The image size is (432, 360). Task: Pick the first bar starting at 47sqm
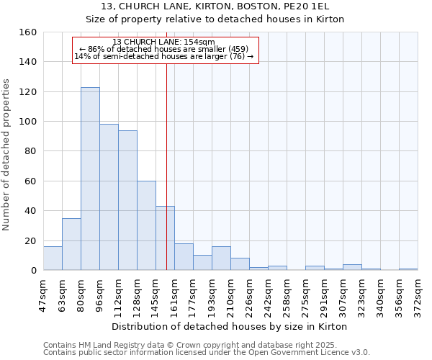(x=53, y=258)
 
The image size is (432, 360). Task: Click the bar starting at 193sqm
(x=221, y=258)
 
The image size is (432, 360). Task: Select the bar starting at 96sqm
(x=109, y=197)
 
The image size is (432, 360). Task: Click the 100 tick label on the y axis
(x=28, y=122)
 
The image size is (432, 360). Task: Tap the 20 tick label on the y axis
(x=31, y=241)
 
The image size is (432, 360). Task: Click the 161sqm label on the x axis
(x=174, y=294)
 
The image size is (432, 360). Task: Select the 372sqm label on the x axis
(x=418, y=294)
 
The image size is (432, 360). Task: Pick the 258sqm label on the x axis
(x=287, y=294)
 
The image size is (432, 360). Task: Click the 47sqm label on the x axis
(x=43, y=294)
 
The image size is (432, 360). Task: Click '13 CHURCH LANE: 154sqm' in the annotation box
(x=164, y=42)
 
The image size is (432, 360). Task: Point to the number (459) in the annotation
(x=238, y=49)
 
